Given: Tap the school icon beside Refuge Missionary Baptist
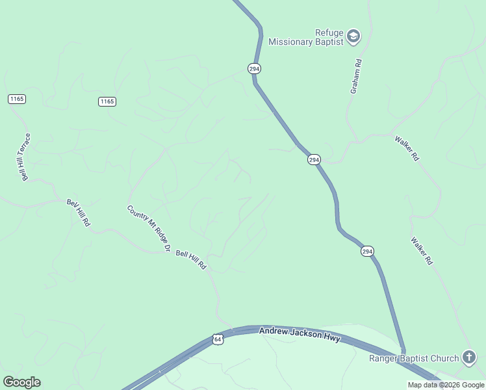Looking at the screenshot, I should coord(353,36).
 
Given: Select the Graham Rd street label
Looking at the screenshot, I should coord(355,77).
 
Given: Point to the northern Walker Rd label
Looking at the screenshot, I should coord(407,148).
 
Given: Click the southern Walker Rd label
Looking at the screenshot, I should coord(421,250).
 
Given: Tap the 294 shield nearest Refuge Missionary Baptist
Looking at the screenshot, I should coord(254,68).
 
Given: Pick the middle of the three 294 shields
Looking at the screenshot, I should coord(314,159).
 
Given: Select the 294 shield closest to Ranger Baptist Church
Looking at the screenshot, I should coord(367,252).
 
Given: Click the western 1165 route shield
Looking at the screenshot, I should coord(17,99).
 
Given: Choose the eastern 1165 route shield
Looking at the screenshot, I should coord(107,101).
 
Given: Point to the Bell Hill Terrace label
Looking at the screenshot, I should coord(26,157).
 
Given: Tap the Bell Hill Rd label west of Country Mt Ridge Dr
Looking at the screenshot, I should coord(79,213).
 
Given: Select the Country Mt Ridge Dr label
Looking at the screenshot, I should coord(149,229).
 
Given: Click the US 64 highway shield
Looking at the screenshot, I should coord(218,339).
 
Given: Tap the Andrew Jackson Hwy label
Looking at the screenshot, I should coord(300,335).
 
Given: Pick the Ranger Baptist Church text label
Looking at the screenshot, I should coord(414,357).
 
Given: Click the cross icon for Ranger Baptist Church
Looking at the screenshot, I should coord(469,357).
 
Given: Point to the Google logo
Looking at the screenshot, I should coord(21,382).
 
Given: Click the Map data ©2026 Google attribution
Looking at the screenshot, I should coord(446,385).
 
